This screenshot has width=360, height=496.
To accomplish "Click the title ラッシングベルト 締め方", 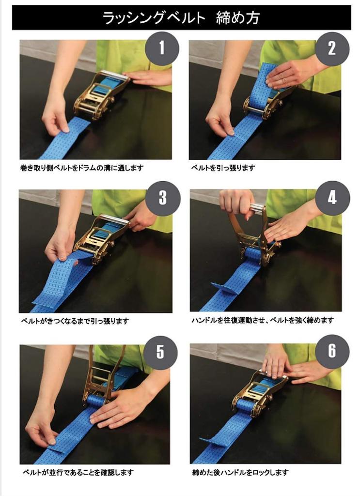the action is [x=181, y=17].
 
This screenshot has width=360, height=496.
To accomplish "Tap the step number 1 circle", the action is [x=162, y=49].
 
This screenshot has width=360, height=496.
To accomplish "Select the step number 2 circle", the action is [x=332, y=49].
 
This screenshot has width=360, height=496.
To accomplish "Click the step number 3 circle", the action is [x=163, y=198].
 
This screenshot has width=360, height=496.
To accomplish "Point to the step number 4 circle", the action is [x=332, y=198].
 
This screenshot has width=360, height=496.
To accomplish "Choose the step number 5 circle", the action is [x=160, y=352].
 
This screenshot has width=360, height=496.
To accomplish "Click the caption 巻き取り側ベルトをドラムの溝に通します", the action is [x=81, y=168].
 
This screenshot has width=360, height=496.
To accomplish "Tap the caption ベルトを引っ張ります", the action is [x=223, y=168].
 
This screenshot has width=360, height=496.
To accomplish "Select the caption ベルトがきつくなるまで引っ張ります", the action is [x=75, y=321].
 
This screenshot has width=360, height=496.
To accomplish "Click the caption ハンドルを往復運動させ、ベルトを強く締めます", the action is [x=263, y=321].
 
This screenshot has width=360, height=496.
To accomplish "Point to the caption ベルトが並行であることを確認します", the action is [x=78, y=473].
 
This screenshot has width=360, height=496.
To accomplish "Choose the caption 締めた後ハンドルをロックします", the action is [x=240, y=473].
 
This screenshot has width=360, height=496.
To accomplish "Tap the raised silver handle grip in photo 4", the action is [x=257, y=209].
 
